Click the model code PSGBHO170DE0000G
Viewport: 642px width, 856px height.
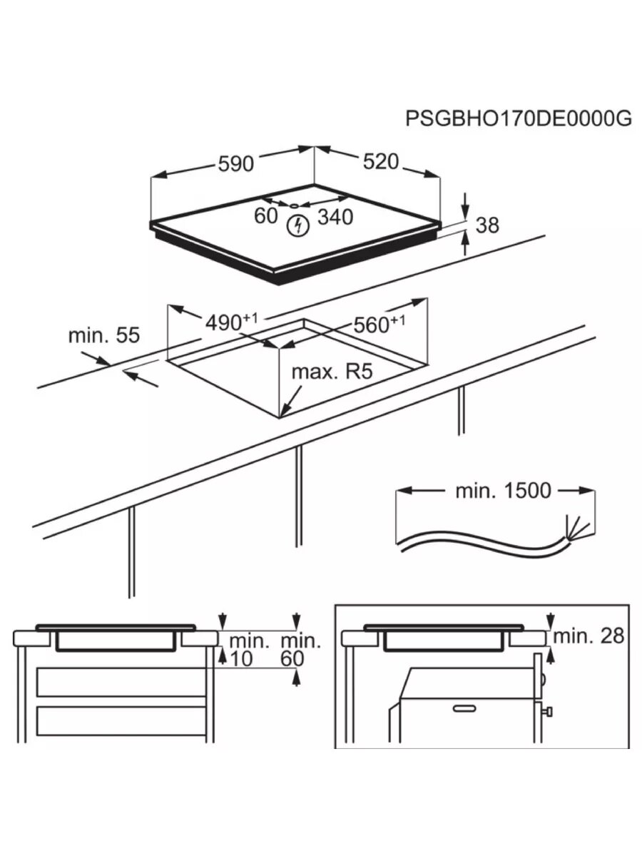[x=519, y=118]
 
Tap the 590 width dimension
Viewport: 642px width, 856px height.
[x=235, y=164]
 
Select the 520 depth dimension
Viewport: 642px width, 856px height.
[x=379, y=162]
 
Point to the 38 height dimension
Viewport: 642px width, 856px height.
[x=487, y=225]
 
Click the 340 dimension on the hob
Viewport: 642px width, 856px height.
[x=335, y=217]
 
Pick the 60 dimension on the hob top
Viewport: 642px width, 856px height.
[x=266, y=215]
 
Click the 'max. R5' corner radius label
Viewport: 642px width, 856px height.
[x=332, y=372]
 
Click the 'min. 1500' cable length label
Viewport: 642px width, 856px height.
[x=503, y=490]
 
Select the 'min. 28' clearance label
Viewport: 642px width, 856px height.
[x=588, y=636]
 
